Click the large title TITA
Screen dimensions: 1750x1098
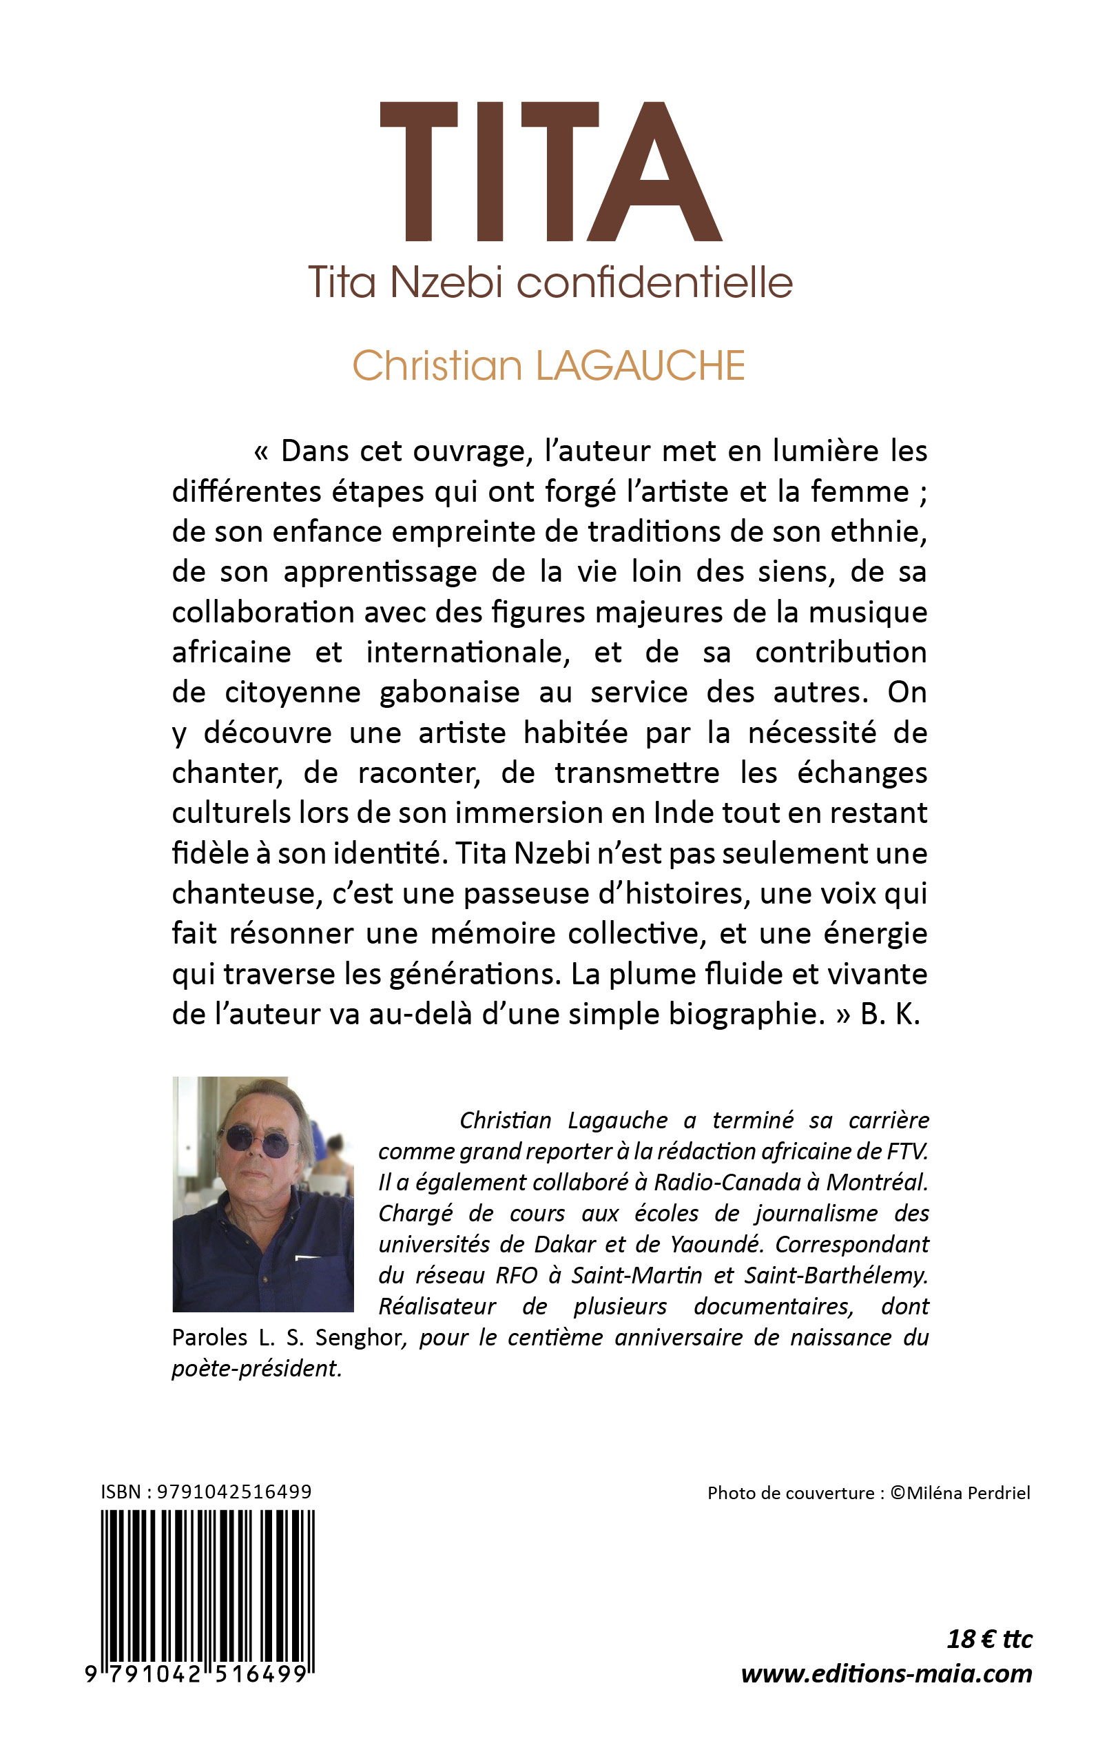pyautogui.click(x=550, y=172)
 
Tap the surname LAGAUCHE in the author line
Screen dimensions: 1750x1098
pyautogui.click(x=640, y=365)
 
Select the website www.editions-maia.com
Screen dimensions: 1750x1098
pyautogui.click(x=886, y=1673)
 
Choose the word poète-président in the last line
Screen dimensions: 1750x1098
pyautogui.click(x=256, y=1368)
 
